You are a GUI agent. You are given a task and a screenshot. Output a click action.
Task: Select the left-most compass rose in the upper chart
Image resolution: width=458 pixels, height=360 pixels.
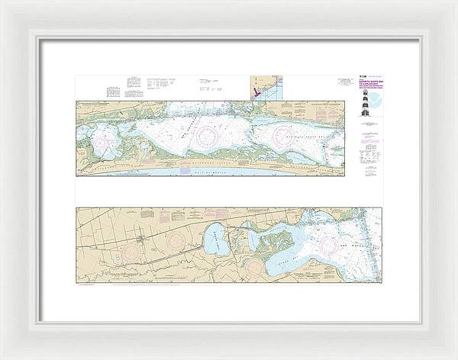[x=103, y=141]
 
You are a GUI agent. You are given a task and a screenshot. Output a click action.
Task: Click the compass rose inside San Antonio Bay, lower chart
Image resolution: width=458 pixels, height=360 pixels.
[x=331, y=243]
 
